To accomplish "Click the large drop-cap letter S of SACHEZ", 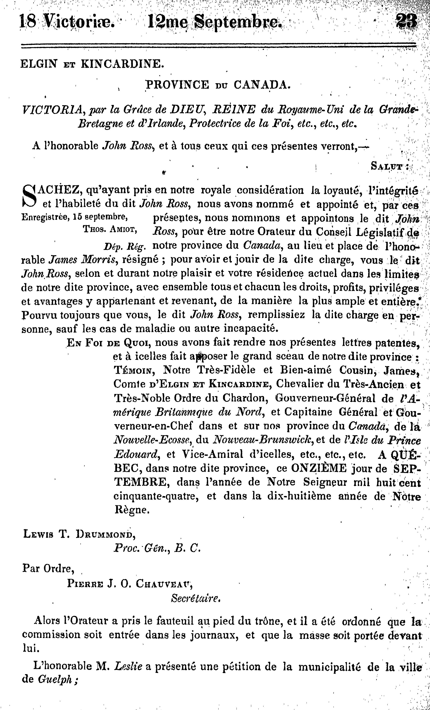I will pos(29,196).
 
